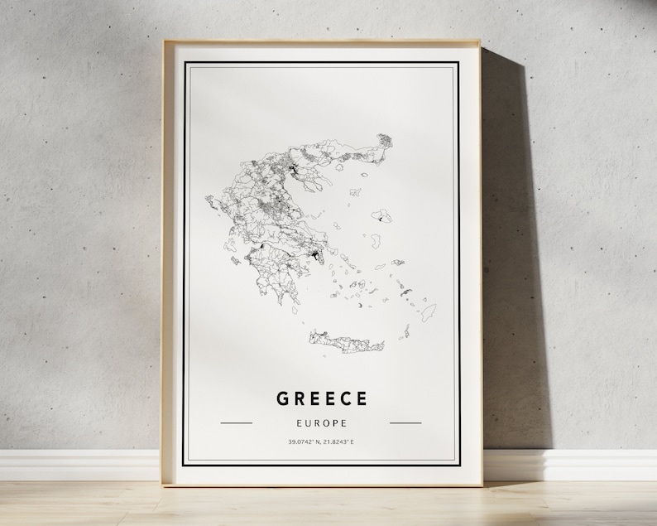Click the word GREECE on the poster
pos(321,398)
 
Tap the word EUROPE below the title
pos(321,423)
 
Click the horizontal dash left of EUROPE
pos(237,422)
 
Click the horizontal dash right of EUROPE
pos(405,422)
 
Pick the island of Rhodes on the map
pos(428,312)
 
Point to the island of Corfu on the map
pos(209,200)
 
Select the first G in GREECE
pos(283,398)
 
